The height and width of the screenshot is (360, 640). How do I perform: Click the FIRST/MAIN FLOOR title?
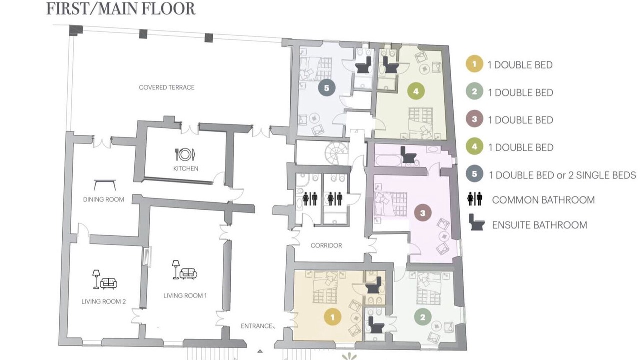point(121,9)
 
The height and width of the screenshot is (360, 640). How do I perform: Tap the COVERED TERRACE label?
point(167,87)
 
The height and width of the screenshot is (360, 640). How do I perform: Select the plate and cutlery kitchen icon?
point(185,154)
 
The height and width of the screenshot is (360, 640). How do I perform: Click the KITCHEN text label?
point(186,168)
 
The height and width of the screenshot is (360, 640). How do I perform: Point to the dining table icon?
point(105,185)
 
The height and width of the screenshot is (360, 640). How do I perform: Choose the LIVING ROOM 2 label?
point(103,301)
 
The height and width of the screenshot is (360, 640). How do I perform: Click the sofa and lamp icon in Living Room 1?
point(184,270)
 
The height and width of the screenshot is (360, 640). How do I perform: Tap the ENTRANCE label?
point(256,326)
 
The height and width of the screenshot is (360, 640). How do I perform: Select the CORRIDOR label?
point(326,245)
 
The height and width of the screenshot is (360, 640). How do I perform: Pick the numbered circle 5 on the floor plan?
point(327,88)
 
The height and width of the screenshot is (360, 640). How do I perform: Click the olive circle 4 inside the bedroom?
point(416,91)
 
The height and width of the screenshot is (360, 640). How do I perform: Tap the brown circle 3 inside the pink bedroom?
point(423,213)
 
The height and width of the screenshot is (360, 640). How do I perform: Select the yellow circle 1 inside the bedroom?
point(333,317)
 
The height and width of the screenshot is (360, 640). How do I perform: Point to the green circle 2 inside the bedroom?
point(423,317)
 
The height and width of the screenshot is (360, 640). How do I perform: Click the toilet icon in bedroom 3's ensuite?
point(408,155)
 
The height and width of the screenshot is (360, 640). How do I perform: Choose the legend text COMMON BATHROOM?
point(543,200)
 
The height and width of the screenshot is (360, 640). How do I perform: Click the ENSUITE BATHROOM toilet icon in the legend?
point(476,222)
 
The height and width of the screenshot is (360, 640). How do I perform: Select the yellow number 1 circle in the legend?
point(474,64)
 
